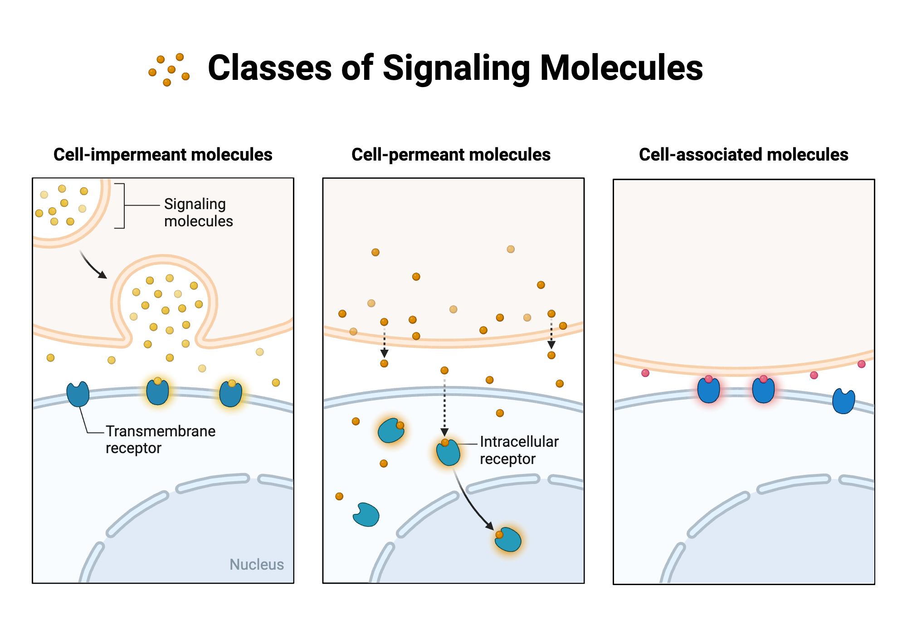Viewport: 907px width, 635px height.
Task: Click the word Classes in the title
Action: click(270, 68)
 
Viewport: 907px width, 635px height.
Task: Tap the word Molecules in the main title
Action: click(621, 68)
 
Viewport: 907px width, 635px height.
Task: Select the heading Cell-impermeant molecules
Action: click(163, 155)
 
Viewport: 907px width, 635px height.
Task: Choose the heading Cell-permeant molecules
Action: click(451, 155)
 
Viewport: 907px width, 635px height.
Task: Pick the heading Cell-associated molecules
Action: click(743, 155)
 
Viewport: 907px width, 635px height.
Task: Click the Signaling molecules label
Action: click(198, 212)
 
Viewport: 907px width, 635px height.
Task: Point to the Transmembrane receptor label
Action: click(161, 439)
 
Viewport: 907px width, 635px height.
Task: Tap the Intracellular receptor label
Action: click(519, 450)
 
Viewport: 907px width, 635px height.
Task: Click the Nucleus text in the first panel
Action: click(257, 564)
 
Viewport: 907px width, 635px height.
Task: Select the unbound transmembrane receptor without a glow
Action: click(78, 394)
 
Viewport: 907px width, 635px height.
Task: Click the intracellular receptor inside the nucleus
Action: click(508, 540)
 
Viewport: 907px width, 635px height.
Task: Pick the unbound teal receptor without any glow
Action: click(366, 515)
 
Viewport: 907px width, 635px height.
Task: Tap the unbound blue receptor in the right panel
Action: click(844, 401)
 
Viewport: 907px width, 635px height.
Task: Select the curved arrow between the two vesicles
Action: click(93, 265)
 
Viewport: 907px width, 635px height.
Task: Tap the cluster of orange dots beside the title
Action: click(169, 70)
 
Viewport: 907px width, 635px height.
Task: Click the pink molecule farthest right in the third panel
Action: click(862, 364)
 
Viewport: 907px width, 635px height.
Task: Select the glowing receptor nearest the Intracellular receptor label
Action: click(448, 452)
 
